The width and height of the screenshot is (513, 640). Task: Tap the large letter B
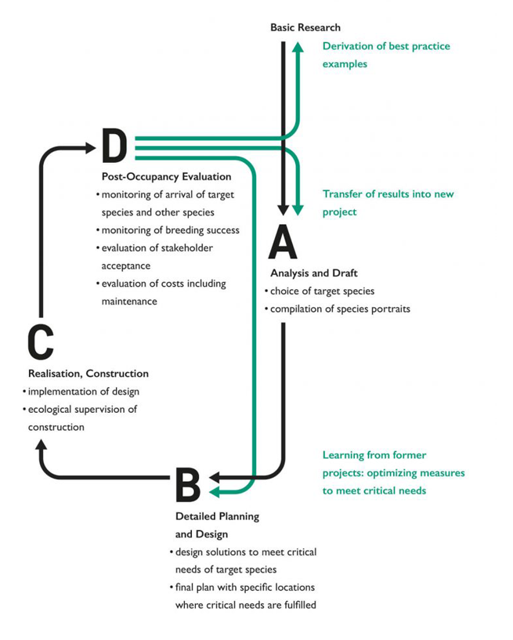[188, 485]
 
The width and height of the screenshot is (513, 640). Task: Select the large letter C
[41, 342]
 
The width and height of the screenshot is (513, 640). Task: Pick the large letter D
[114, 145]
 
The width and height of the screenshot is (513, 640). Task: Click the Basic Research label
[305, 27]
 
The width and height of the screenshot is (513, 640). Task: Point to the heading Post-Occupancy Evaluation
[167, 177]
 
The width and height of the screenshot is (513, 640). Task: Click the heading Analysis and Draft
[314, 273]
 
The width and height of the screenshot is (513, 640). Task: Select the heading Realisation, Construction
[89, 374]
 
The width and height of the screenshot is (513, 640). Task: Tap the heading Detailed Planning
[217, 517]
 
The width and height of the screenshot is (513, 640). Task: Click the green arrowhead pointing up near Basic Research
[298, 47]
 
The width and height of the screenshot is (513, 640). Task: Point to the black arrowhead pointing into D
[90, 148]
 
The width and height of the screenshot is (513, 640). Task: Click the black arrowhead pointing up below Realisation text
[41, 444]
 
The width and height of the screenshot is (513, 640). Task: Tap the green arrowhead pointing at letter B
[215, 492]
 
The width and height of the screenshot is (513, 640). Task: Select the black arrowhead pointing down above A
[283, 210]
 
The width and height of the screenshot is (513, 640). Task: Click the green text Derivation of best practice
[386, 46]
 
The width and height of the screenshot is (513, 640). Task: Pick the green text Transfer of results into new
[388, 193]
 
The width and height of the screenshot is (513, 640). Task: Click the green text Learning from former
[374, 455]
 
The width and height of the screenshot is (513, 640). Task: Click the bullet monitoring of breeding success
[168, 230]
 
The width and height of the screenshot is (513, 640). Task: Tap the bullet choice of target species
[320, 291]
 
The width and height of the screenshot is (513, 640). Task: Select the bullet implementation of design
[81, 392]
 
